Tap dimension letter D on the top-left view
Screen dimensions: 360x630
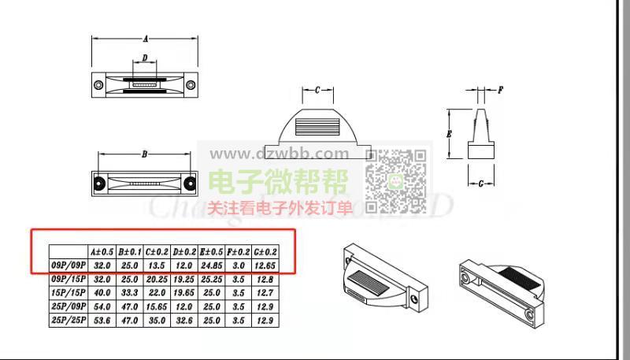pos(144,58)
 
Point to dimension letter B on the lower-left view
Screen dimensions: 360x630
pos(144,154)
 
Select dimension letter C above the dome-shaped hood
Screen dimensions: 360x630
pos(317,91)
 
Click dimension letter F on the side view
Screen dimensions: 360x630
pos(501,91)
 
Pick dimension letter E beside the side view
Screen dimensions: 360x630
pos(449,135)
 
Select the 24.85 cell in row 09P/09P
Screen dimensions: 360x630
pos(211,265)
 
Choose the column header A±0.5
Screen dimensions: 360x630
pos(102,252)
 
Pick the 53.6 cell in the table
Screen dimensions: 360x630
pos(102,320)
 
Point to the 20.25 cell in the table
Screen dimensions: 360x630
pos(157,279)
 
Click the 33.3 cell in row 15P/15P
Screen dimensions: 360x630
pos(129,292)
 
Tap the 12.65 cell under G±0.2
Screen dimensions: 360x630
pos(265,265)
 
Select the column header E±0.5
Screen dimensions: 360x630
pos(211,252)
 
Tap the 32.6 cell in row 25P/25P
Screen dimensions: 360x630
pos(184,320)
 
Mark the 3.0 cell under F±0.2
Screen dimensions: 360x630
pos(238,265)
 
